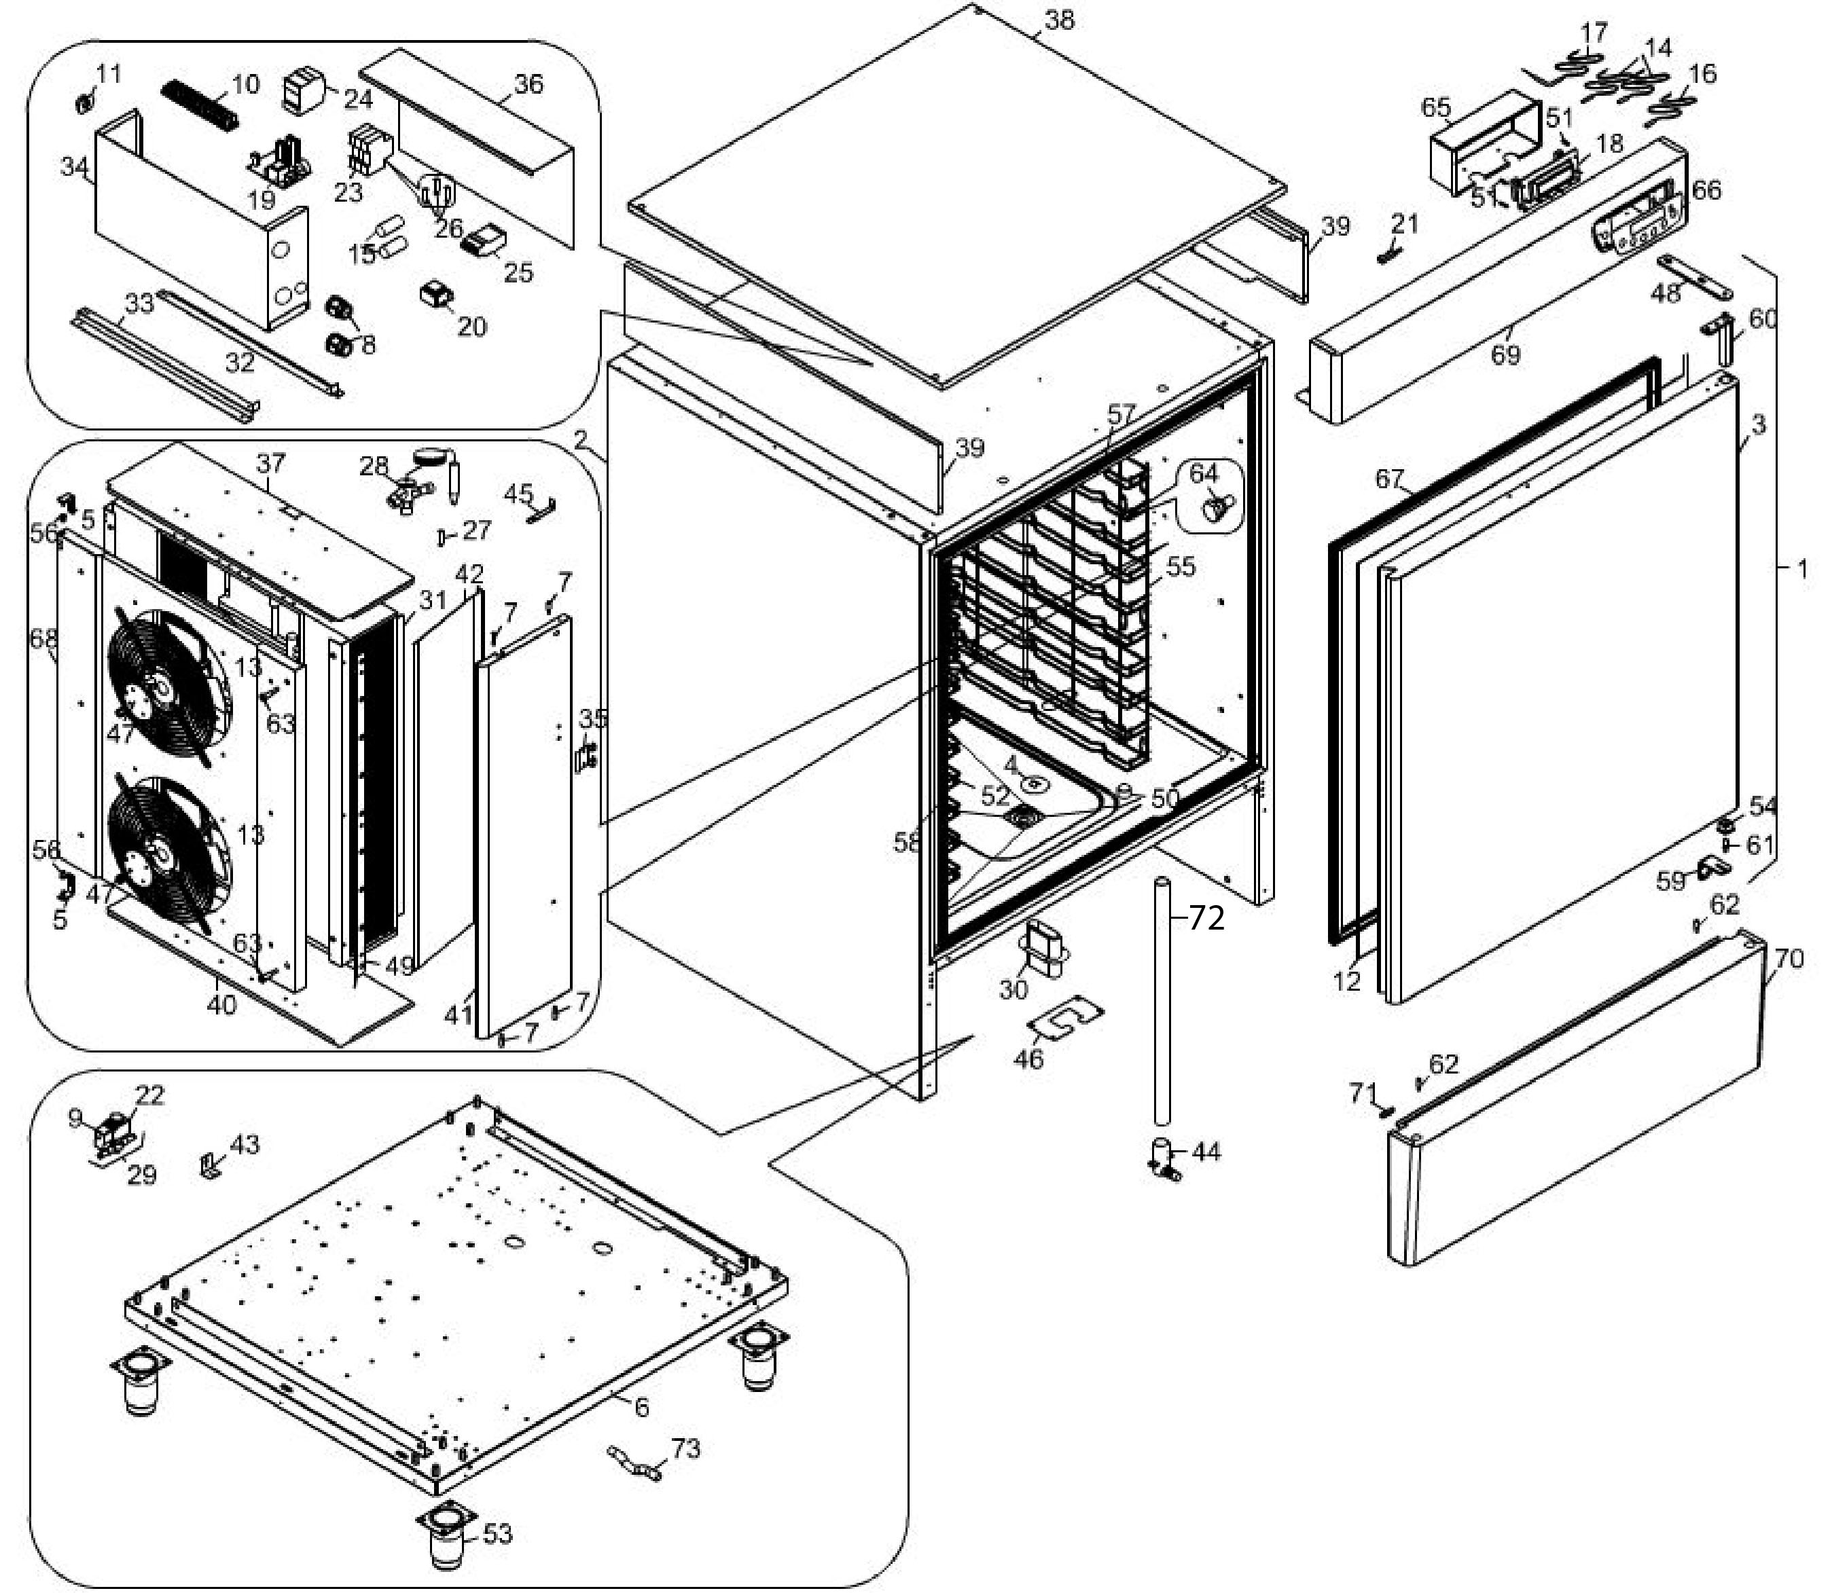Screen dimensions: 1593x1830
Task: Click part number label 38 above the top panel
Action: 1059,20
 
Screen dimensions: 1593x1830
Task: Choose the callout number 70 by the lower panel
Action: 1788,959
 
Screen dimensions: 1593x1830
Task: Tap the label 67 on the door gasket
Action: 1389,479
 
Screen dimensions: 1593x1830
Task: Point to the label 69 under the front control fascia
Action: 1505,354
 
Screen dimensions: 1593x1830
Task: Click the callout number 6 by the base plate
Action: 641,1406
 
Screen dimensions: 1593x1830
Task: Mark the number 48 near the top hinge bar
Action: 1666,293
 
